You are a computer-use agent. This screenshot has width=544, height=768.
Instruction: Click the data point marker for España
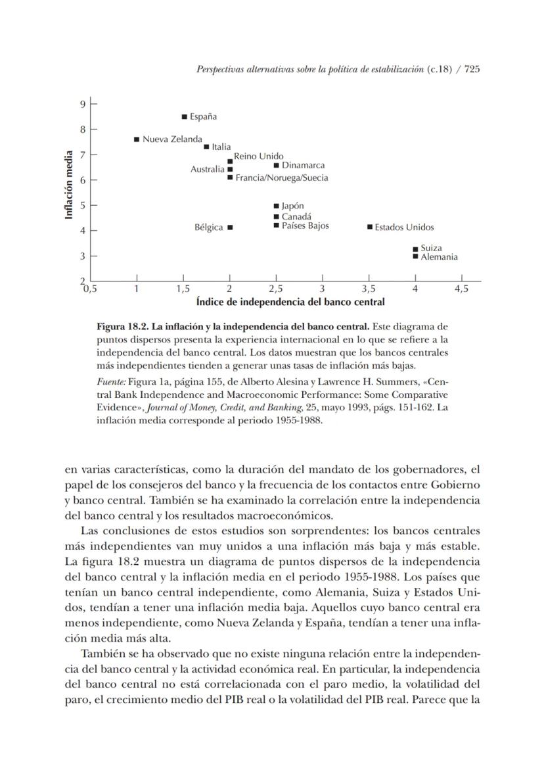pos(185,117)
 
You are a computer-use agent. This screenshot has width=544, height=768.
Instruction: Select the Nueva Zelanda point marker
pos(137,139)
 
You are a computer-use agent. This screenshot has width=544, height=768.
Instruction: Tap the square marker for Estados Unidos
pos(370,228)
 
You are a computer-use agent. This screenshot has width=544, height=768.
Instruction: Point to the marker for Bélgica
pos(230,228)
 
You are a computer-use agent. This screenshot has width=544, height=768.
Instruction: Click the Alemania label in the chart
pos(439,257)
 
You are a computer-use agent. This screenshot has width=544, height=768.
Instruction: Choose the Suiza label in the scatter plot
pos(431,249)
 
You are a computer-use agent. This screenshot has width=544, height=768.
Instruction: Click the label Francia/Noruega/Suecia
pos(281,178)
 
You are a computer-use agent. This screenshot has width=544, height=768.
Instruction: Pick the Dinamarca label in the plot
pos(303,166)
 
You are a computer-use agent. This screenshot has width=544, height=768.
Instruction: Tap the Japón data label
pos(292,206)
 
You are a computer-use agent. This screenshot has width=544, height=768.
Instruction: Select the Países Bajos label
pos(305,226)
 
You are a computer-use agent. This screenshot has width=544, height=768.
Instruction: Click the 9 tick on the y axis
pos(83,104)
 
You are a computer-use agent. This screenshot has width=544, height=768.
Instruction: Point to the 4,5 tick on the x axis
pos(461,289)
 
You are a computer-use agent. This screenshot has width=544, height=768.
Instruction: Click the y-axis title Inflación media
pos(68,185)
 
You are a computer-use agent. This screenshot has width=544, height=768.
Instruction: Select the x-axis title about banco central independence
pos(290,302)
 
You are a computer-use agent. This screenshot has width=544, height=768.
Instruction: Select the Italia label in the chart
pos(221,147)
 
